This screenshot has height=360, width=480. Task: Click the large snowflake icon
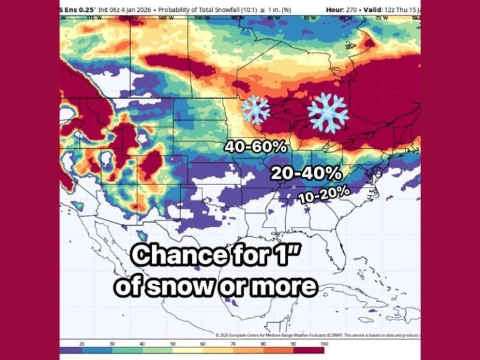(x=327, y=112)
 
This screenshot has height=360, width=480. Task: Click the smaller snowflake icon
(x=256, y=109)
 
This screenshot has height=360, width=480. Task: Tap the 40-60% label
(x=256, y=147)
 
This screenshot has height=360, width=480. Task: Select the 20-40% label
(x=306, y=173)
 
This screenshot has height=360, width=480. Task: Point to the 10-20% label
(x=323, y=194)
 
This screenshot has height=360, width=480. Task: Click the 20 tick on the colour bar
(x=82, y=344)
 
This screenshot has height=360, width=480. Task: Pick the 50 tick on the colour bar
(x=172, y=344)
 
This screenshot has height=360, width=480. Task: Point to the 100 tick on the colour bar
(x=322, y=344)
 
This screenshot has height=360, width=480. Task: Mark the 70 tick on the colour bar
(x=233, y=344)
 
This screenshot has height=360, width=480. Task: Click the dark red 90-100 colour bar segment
(x=309, y=351)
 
